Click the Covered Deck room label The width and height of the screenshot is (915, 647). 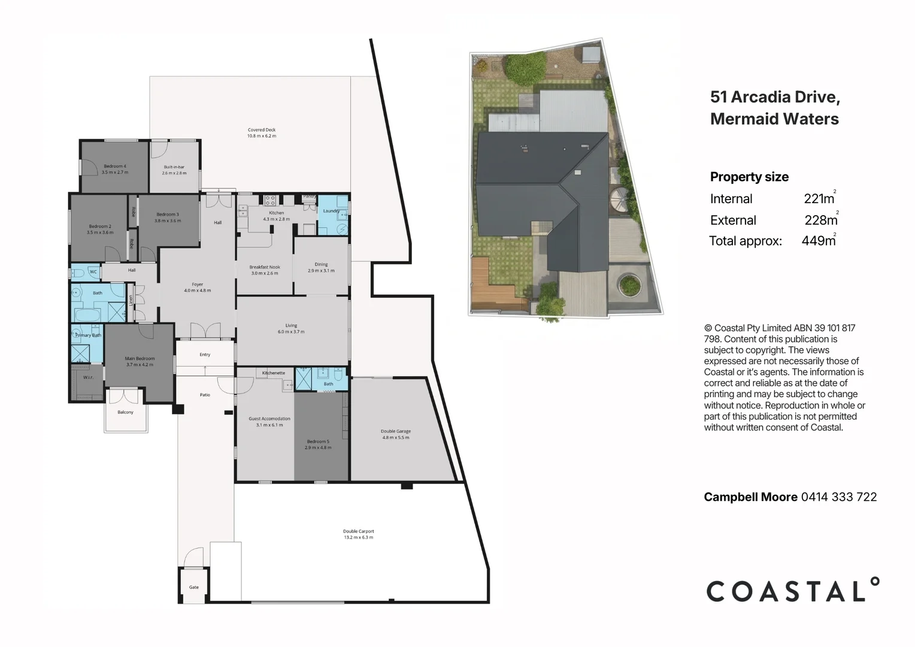(262, 130)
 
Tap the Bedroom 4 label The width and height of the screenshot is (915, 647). (114, 166)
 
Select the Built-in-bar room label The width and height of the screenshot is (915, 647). (174, 167)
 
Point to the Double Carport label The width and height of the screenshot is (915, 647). (358, 531)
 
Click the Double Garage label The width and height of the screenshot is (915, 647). (395, 431)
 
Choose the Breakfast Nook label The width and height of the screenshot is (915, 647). (265, 267)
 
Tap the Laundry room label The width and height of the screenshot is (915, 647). (331, 211)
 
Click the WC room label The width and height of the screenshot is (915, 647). (93, 272)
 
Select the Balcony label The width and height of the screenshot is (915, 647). (125, 412)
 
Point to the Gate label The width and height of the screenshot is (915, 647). (193, 587)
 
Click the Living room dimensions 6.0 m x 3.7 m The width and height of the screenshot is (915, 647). (291, 332)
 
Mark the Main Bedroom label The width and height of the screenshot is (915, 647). (140, 358)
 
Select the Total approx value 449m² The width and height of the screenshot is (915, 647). (819, 241)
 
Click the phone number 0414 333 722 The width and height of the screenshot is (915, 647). (838, 497)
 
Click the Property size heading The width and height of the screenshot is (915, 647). (749, 177)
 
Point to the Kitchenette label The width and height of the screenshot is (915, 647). (273, 373)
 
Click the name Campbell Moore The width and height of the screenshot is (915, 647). (750, 497)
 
